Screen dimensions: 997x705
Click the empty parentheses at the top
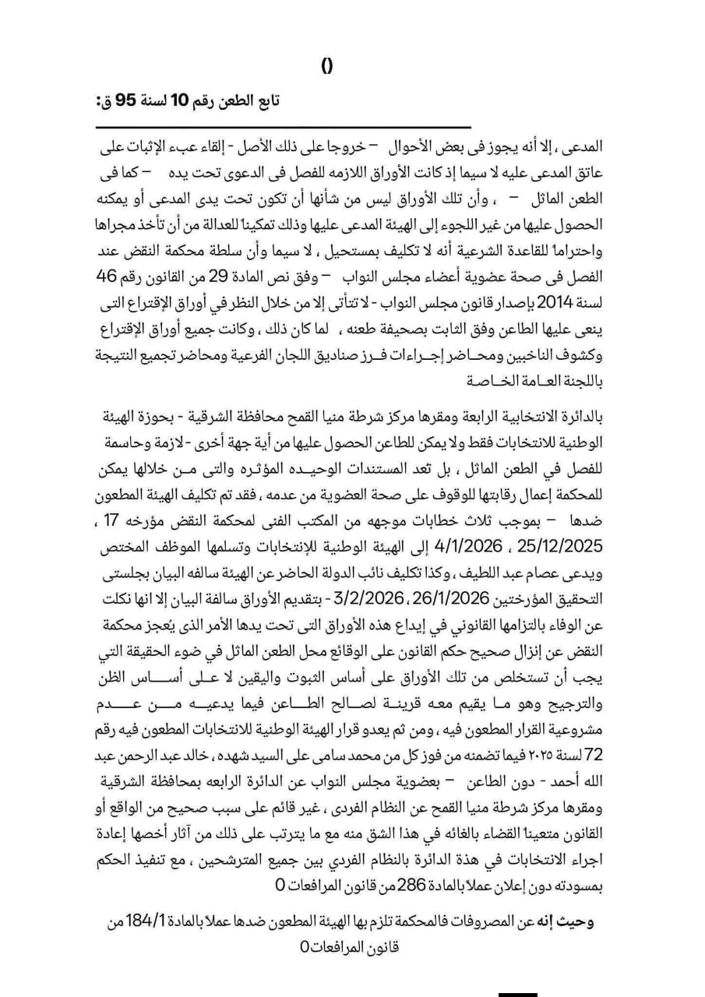(x=327, y=67)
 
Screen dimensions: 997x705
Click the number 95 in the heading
(x=127, y=102)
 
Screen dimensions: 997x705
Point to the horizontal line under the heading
(x=285, y=127)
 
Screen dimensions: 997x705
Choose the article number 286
(x=411, y=886)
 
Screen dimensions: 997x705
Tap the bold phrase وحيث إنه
(x=568, y=922)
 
